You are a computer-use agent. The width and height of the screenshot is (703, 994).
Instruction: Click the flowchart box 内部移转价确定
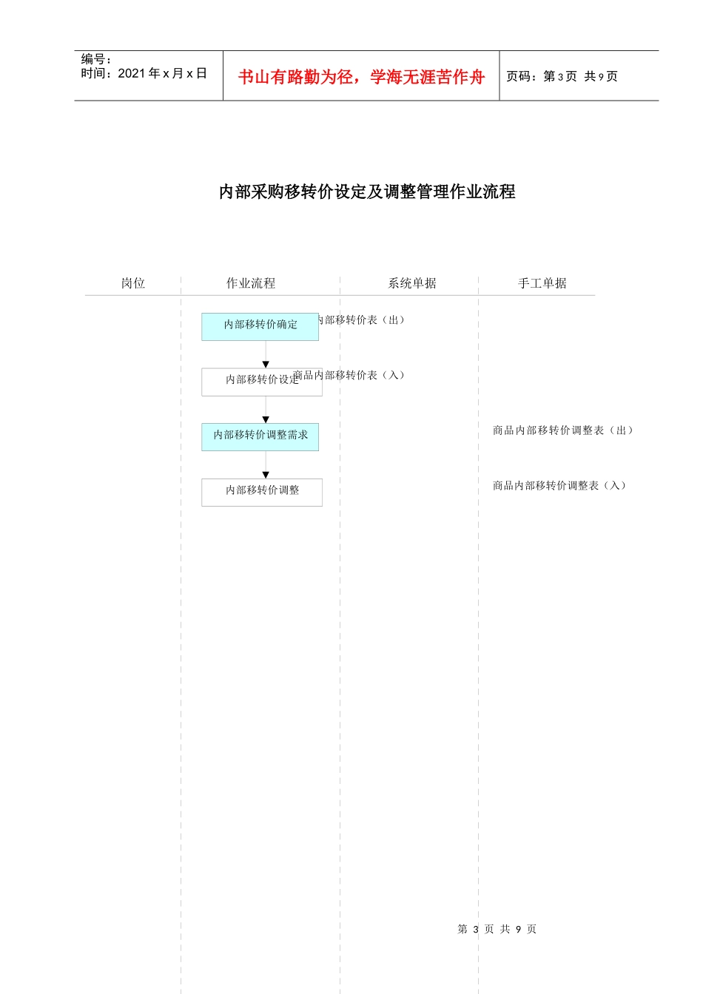(260, 326)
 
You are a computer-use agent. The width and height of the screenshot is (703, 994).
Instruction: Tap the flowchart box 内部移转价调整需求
(260, 436)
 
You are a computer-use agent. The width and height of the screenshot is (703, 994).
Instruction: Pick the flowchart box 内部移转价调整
(261, 492)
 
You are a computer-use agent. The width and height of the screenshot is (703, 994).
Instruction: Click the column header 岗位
(133, 283)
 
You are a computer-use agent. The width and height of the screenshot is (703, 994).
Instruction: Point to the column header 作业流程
(251, 283)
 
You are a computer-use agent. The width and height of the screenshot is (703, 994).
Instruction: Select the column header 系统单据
(412, 283)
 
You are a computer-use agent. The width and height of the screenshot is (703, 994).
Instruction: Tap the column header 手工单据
(542, 283)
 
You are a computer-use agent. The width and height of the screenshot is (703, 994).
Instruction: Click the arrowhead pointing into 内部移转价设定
(266, 365)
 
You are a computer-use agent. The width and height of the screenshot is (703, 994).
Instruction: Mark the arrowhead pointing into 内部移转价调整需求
(266, 420)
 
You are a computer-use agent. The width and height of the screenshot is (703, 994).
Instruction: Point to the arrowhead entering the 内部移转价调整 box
(266, 476)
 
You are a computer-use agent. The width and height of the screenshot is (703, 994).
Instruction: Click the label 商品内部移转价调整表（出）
(563, 430)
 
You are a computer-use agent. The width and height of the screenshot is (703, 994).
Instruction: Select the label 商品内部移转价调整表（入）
(560, 486)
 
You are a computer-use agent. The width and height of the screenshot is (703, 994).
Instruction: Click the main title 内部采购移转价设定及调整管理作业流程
(367, 192)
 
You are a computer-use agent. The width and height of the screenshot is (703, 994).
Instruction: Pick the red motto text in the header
(361, 77)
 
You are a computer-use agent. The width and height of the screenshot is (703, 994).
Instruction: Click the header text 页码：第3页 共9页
(562, 76)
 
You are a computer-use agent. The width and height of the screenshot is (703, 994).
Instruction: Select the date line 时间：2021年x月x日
(144, 73)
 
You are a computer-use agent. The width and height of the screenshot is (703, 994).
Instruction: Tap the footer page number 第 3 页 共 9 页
(497, 929)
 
